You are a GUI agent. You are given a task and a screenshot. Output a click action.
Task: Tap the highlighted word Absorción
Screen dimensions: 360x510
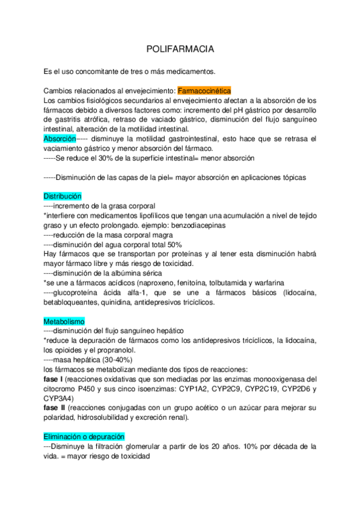pyautogui.click(x=59, y=138)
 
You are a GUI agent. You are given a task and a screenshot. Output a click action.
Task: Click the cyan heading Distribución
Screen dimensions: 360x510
pyautogui.click(x=63, y=197)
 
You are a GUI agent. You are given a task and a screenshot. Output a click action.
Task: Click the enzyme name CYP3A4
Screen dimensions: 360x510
pyautogui.click(x=59, y=399)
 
